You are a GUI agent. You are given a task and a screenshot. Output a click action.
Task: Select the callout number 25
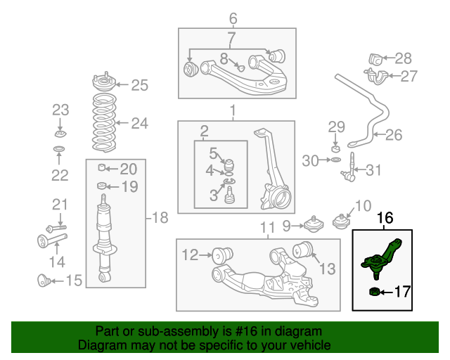point(139,86)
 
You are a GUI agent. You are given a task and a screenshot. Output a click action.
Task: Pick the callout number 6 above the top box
point(233,18)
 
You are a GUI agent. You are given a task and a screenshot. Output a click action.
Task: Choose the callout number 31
point(375,169)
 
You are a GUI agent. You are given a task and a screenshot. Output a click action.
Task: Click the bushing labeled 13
point(304,248)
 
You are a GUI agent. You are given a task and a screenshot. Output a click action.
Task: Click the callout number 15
point(73,281)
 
